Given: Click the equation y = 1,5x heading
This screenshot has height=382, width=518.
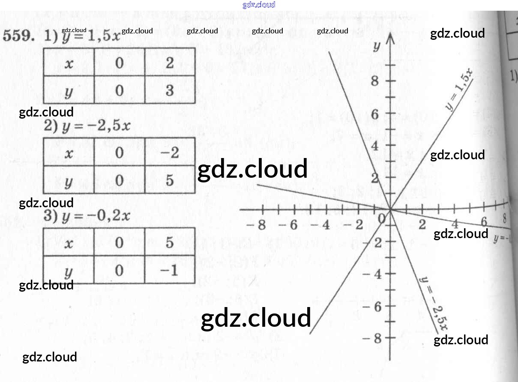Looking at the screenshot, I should tap(90, 37).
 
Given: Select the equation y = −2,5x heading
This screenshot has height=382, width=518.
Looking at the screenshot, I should tap(95, 126).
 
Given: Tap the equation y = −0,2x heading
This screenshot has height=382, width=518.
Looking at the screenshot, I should tap(95, 215).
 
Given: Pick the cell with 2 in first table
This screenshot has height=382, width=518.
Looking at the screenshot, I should tap(170, 63).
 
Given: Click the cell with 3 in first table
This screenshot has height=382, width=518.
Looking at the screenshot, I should tap(170, 90).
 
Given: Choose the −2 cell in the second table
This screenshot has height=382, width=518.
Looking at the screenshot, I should tap(170, 152).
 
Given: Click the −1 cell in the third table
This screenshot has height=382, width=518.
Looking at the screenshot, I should tap(170, 271).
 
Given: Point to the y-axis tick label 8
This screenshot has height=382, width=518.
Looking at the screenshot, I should tap(375, 81).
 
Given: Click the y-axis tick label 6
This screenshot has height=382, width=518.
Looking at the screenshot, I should tap(375, 114).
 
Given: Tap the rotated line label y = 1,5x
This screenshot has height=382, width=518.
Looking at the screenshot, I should tap(459, 90).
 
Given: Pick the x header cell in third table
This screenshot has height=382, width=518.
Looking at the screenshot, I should tap(69, 242).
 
